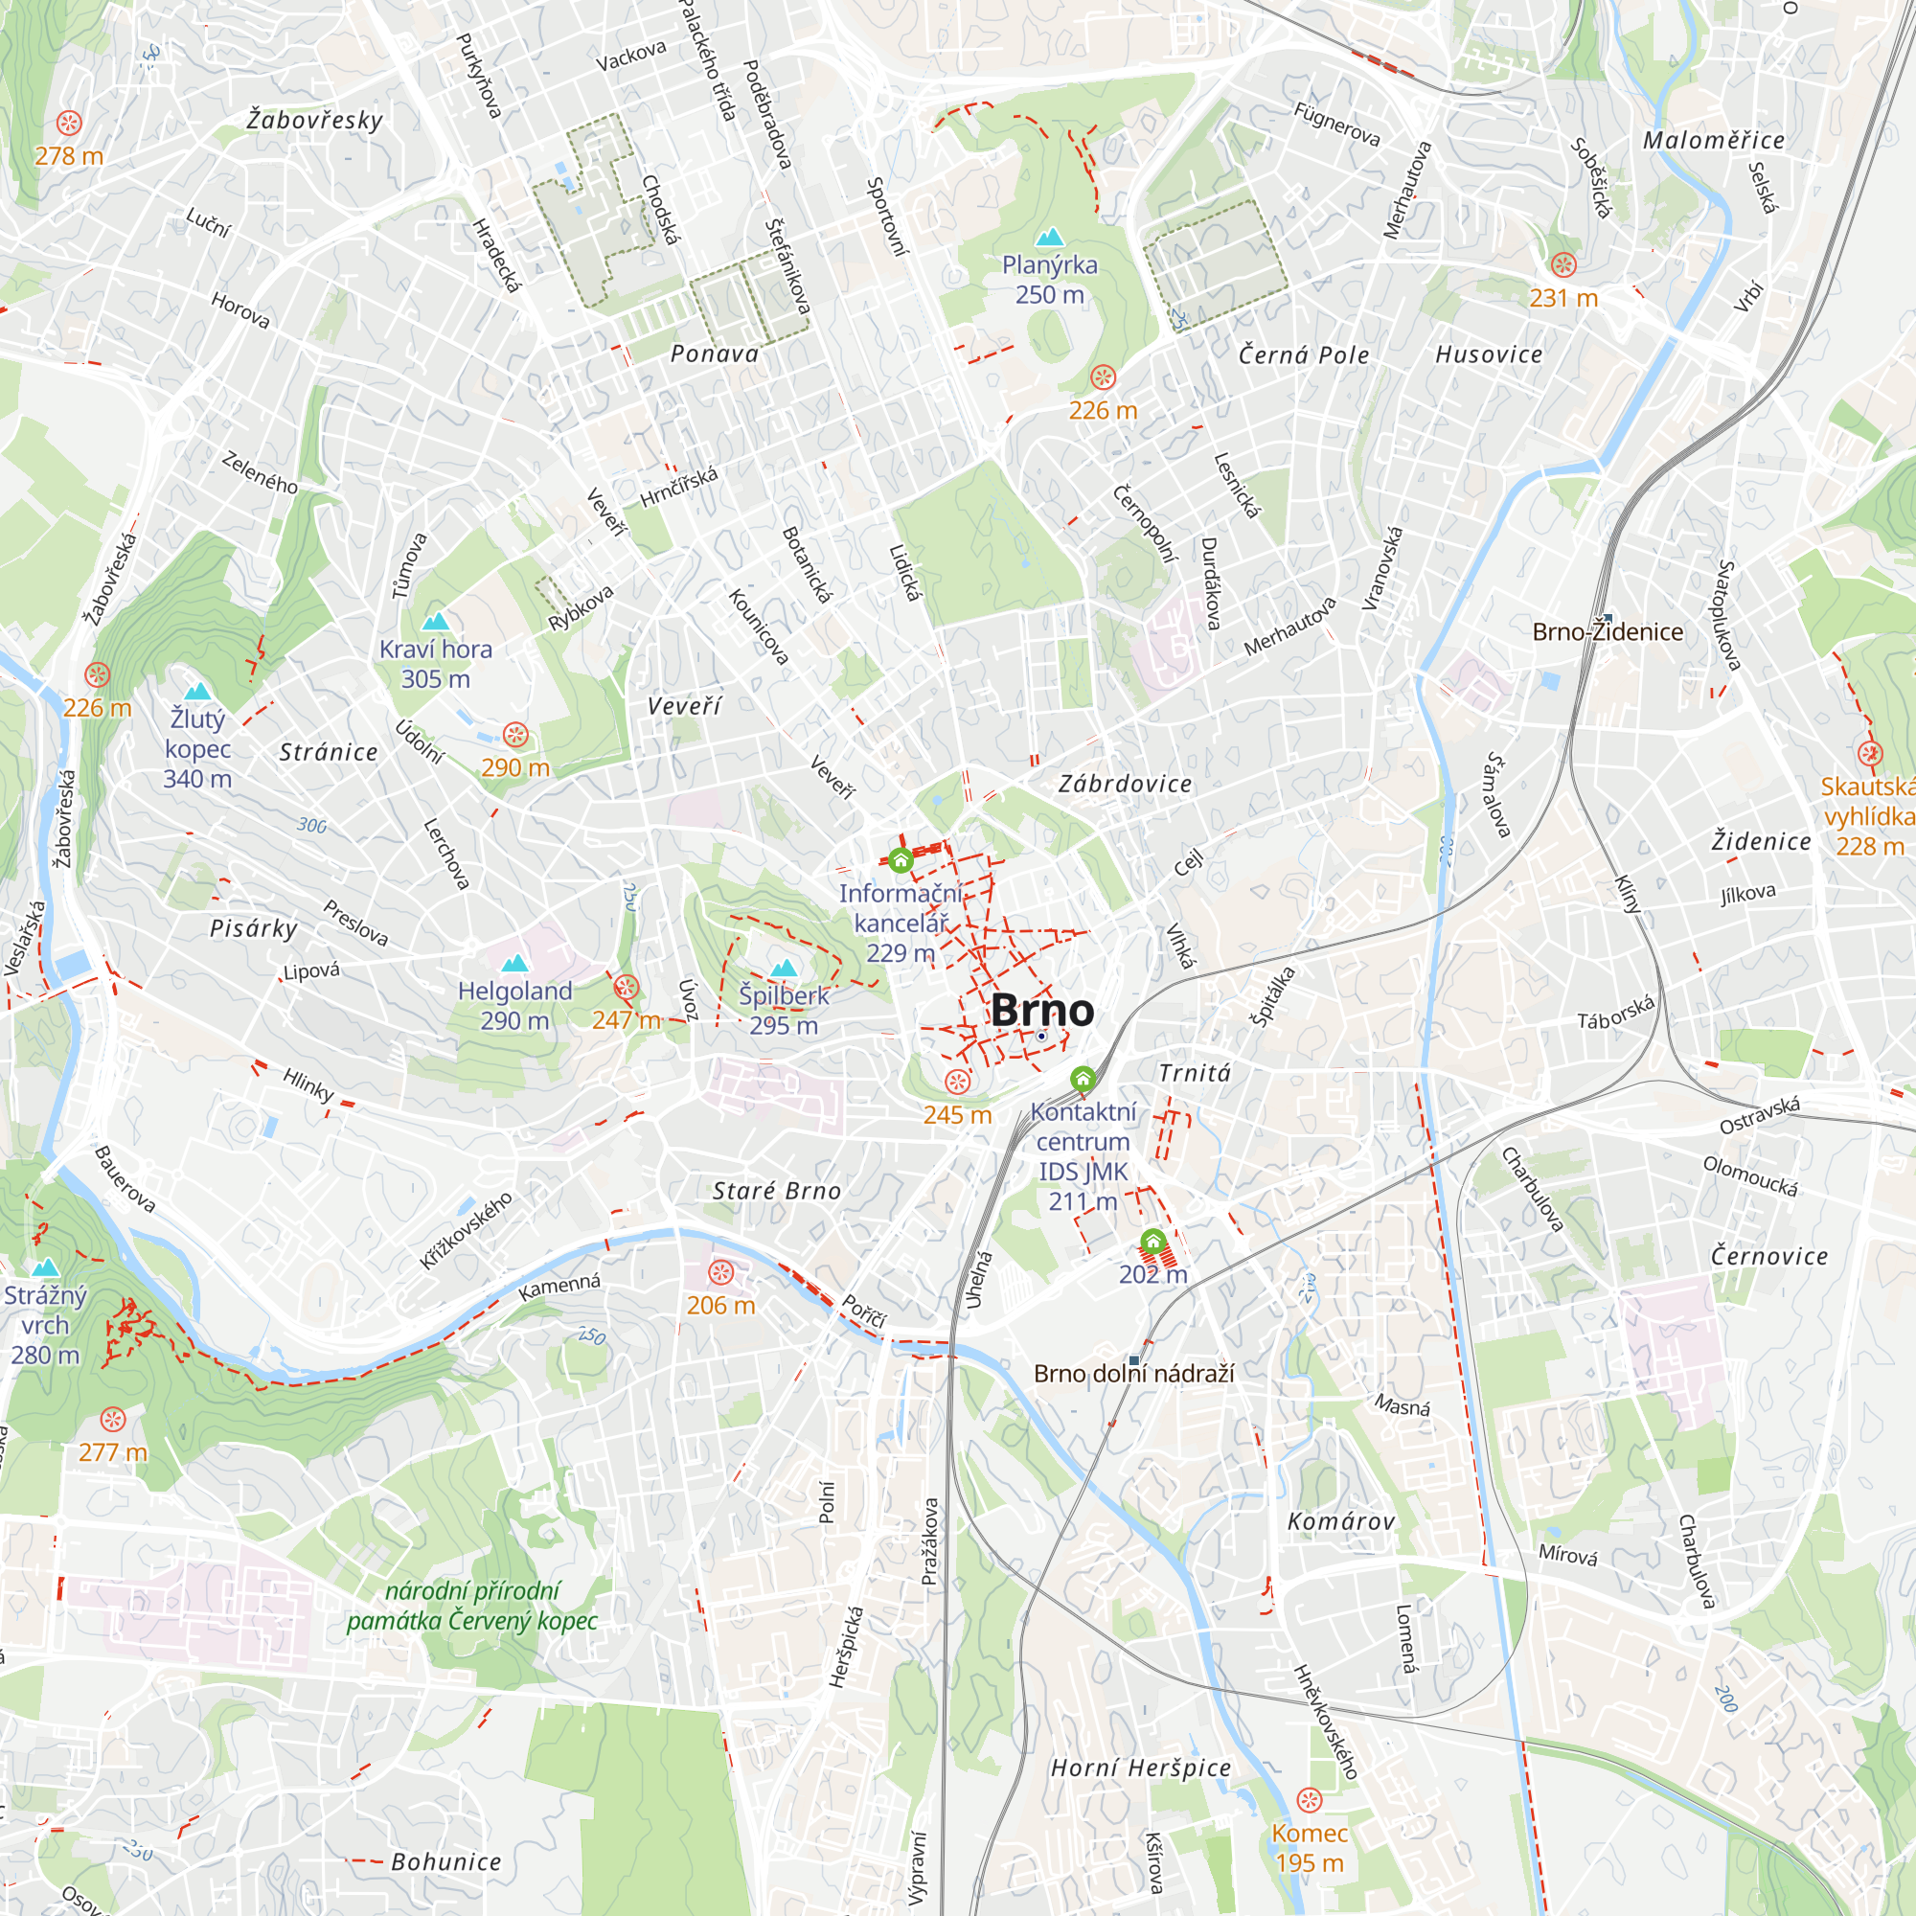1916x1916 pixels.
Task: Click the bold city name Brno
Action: (x=1042, y=1011)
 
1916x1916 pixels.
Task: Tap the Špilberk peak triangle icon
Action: (x=785, y=968)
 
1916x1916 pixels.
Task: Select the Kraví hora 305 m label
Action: (x=435, y=664)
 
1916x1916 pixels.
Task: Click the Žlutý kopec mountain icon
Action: (x=198, y=692)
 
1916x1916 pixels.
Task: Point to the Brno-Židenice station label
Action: (x=1607, y=631)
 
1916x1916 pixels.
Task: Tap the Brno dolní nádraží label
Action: (x=1133, y=1374)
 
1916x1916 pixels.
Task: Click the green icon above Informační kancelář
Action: (x=901, y=860)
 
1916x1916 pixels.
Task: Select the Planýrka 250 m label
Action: (x=1049, y=280)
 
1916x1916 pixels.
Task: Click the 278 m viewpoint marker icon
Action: (x=69, y=123)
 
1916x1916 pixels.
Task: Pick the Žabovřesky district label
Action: (x=314, y=120)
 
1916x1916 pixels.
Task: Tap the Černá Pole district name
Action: (x=1303, y=355)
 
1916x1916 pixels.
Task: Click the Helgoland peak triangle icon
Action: (x=514, y=963)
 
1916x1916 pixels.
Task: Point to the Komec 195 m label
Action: (x=1309, y=1848)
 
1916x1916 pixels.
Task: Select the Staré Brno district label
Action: (x=777, y=1191)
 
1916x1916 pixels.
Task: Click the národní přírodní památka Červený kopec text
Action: (x=472, y=1606)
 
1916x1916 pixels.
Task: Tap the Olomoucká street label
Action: (x=1749, y=1176)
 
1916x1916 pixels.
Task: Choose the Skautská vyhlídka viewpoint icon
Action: (x=1869, y=753)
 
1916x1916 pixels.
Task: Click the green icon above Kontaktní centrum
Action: (x=1083, y=1078)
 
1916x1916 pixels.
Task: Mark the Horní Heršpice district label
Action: (x=1140, y=1768)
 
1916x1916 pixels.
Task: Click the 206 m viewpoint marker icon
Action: (x=721, y=1272)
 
